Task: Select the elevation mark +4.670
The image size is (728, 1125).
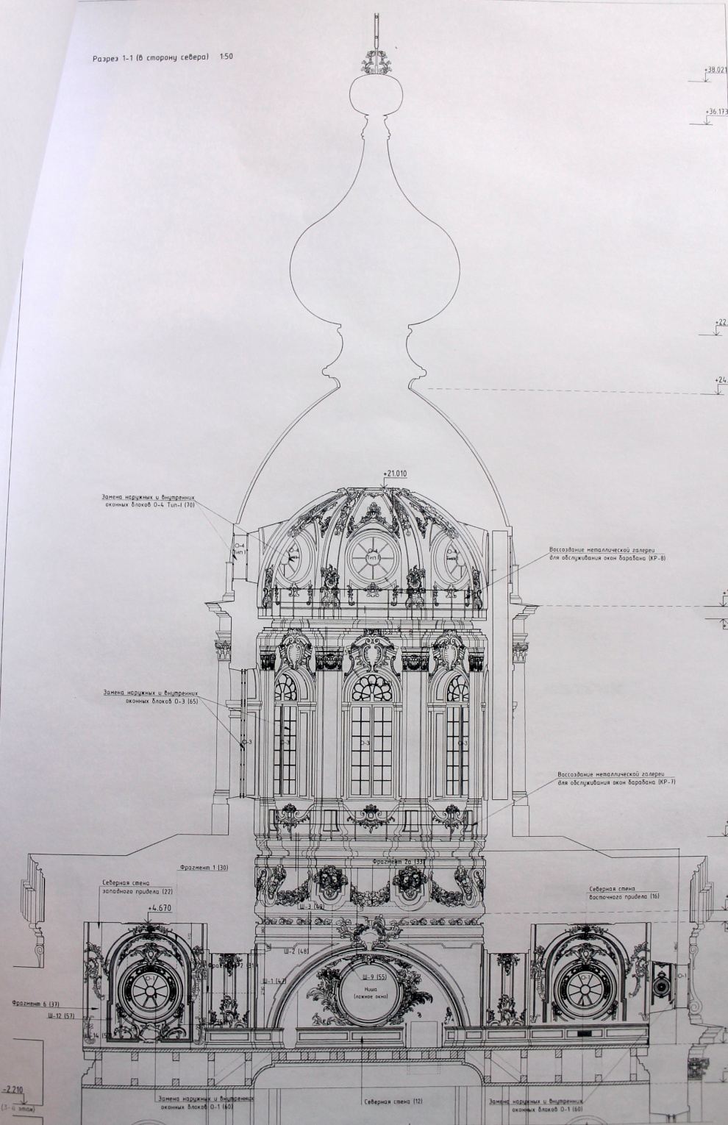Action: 158,908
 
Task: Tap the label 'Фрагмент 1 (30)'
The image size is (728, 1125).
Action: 203,868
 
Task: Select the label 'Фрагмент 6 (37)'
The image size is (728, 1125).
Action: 36,1003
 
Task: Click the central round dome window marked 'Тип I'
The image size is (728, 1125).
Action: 372,554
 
